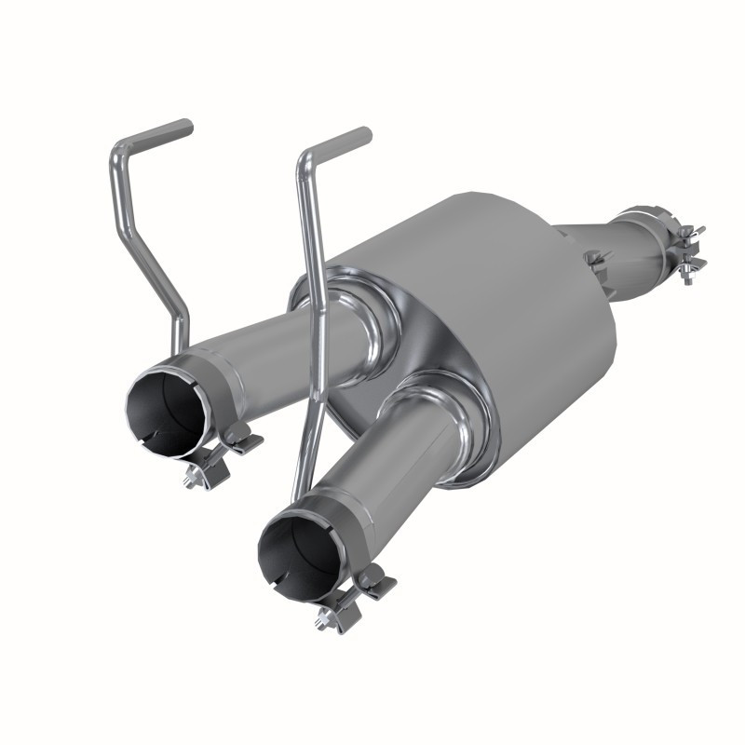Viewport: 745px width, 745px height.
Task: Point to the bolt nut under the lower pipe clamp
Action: pos(328,619)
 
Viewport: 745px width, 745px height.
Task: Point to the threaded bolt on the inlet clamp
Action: pos(691,270)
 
